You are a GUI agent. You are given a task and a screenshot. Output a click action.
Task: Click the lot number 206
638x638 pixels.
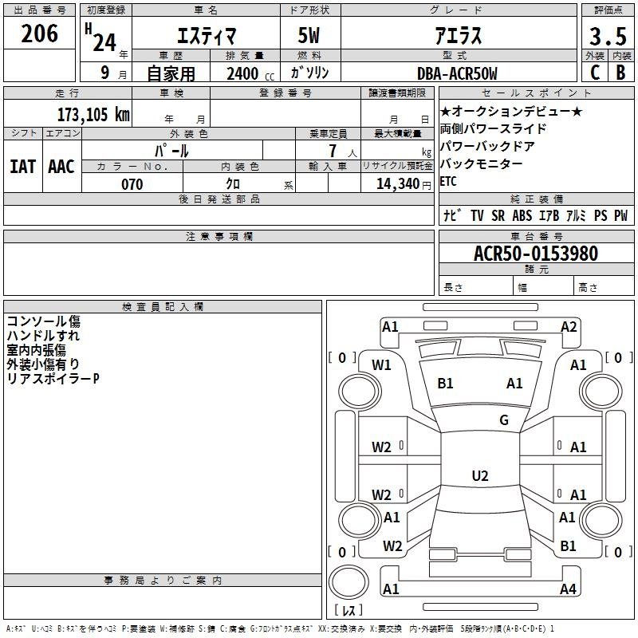click(x=39, y=33)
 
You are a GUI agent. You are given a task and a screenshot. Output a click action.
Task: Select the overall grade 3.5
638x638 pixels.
click(x=608, y=37)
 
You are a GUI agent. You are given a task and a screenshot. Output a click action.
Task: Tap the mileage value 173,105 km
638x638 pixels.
click(x=93, y=114)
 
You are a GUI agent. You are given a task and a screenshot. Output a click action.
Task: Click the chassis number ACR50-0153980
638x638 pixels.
click(x=536, y=254)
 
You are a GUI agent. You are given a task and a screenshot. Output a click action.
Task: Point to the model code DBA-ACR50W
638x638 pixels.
click(x=457, y=73)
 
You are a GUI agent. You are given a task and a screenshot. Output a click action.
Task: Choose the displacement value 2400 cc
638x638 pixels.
click(x=250, y=73)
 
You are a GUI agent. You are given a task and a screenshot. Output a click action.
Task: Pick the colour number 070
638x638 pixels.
click(x=132, y=184)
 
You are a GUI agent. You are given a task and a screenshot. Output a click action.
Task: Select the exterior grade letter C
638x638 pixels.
click(x=595, y=73)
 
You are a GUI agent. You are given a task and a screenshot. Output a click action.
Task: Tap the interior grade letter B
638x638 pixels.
click(x=621, y=73)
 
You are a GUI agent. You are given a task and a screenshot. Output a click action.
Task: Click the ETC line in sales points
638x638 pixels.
click(x=448, y=181)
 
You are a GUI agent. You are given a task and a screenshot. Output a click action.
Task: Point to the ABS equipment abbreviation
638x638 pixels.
click(x=522, y=215)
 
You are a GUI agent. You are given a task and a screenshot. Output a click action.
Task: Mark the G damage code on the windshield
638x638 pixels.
click(x=504, y=419)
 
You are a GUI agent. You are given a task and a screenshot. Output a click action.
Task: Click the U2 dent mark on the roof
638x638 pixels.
click(x=480, y=475)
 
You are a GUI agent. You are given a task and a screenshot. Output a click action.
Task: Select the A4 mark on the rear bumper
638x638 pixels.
click(x=568, y=589)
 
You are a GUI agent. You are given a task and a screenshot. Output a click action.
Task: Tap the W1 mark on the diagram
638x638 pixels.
click(x=381, y=365)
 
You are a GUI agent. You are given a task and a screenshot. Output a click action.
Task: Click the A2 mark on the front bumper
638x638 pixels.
click(x=569, y=327)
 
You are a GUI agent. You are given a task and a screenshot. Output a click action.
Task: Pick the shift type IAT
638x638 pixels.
click(x=22, y=167)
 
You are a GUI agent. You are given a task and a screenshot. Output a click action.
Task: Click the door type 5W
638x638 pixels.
click(x=309, y=36)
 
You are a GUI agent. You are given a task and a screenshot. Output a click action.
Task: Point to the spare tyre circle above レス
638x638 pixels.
click(x=349, y=581)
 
